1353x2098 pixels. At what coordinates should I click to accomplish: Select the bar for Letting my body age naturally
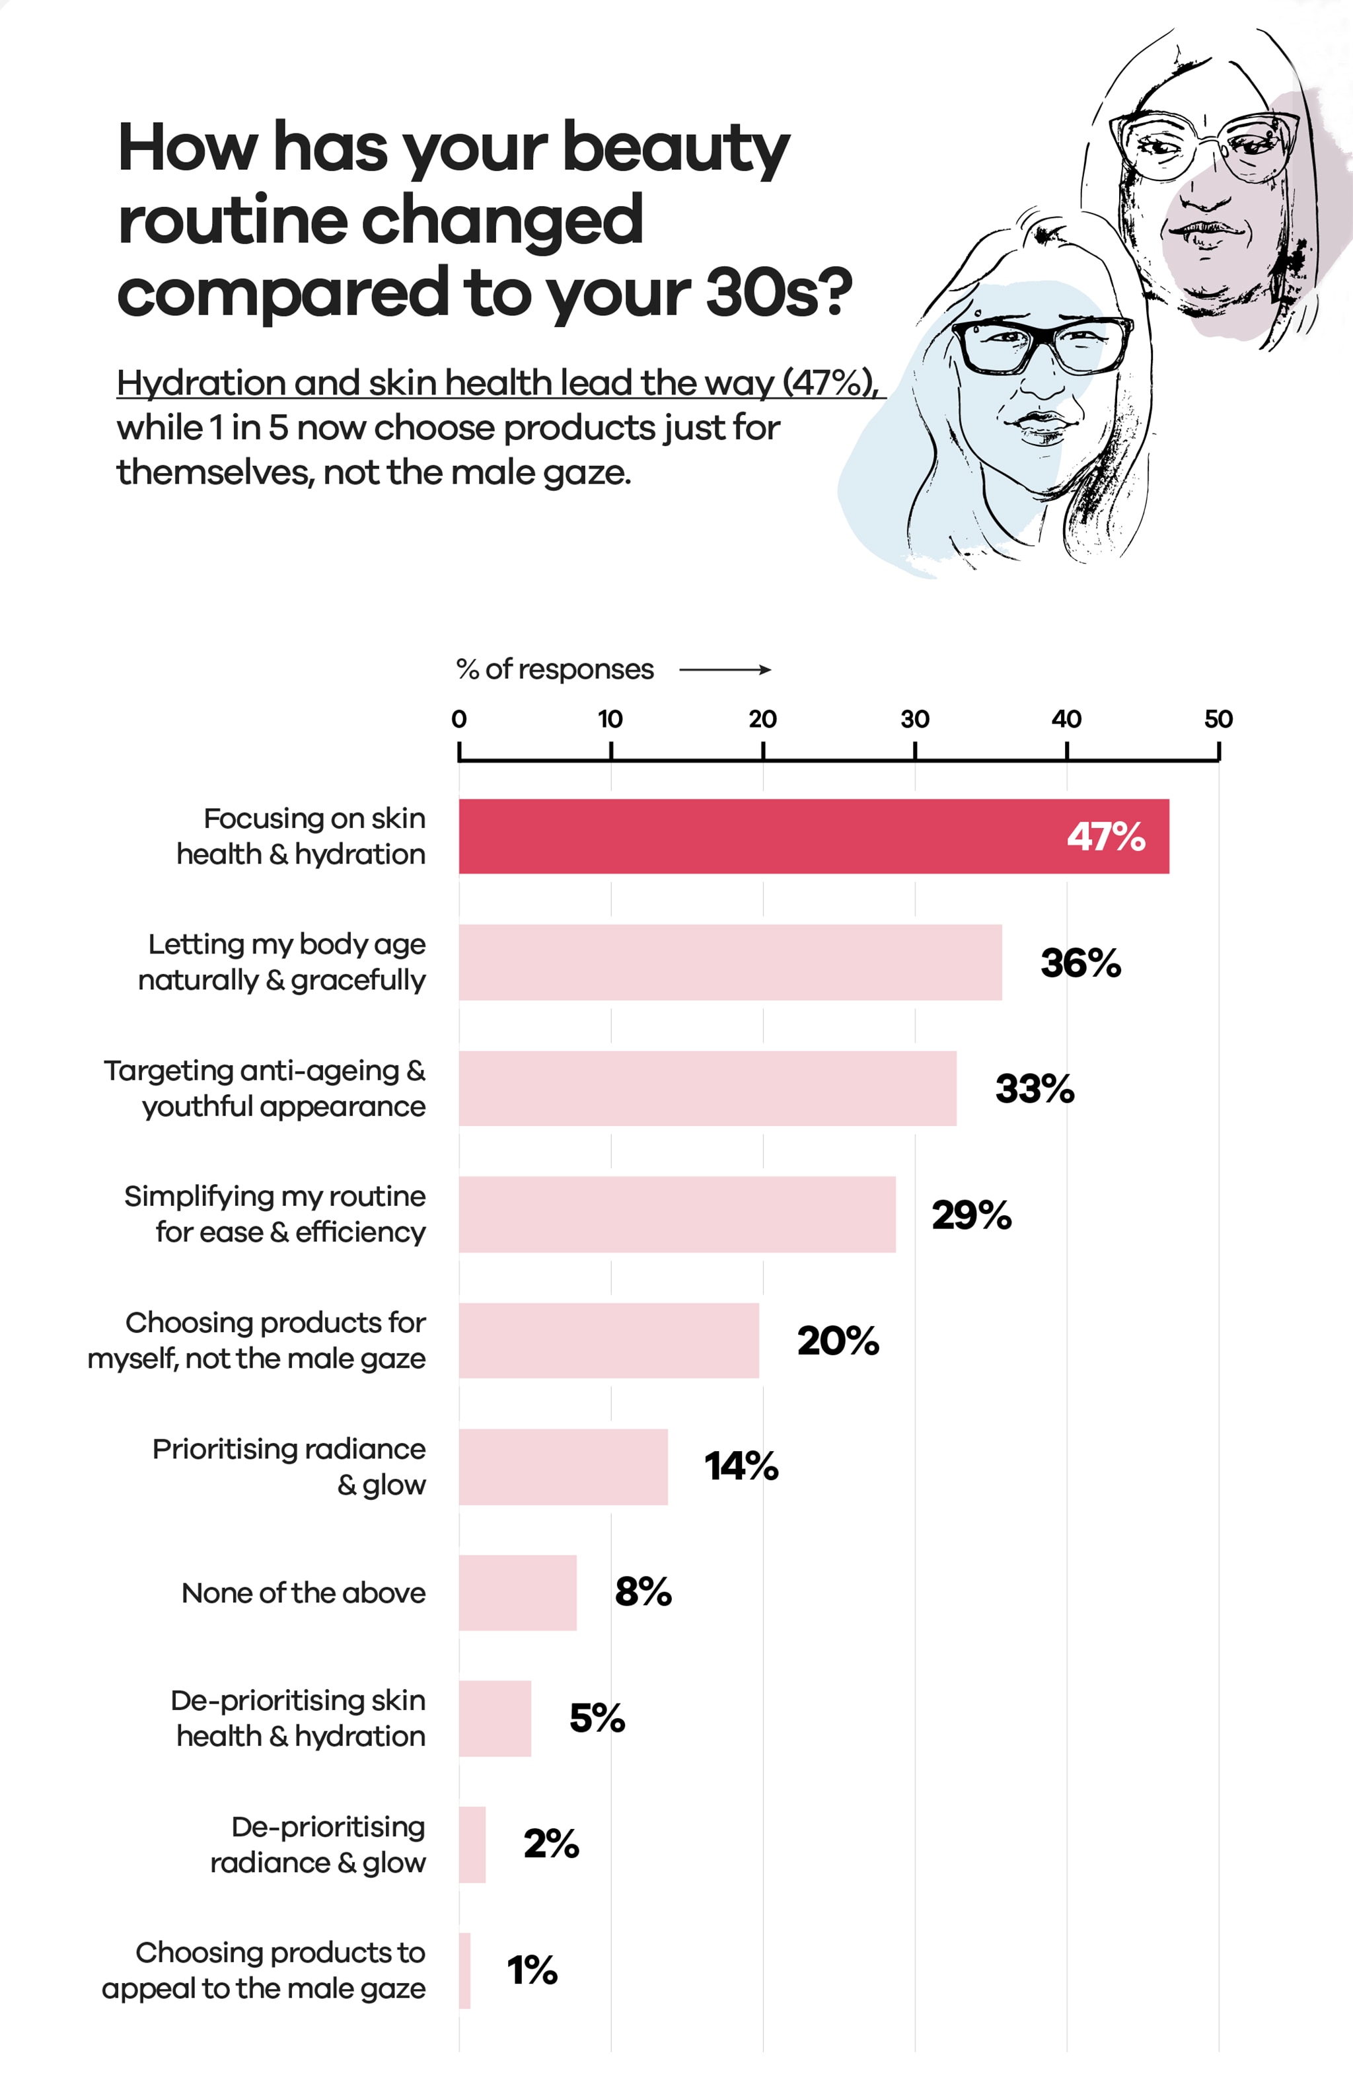[729, 961]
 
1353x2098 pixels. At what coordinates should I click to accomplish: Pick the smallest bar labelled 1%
[465, 1970]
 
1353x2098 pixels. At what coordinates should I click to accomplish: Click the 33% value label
[1034, 1088]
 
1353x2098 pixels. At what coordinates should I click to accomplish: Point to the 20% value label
[837, 1341]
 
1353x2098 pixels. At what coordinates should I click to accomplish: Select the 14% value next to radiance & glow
[741, 1466]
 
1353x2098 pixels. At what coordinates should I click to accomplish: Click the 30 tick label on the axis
[914, 719]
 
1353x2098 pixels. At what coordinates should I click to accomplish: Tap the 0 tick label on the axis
[458, 719]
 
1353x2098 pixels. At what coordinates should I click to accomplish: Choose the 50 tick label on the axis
[1218, 719]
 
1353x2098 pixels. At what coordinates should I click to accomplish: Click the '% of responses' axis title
[554, 669]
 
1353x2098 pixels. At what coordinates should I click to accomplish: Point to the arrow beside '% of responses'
[725, 669]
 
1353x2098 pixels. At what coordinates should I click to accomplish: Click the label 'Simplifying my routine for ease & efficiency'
[275, 1213]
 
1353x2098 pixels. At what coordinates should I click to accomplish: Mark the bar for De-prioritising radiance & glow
[472, 1844]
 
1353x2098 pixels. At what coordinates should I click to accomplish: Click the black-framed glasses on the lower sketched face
[1042, 344]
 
